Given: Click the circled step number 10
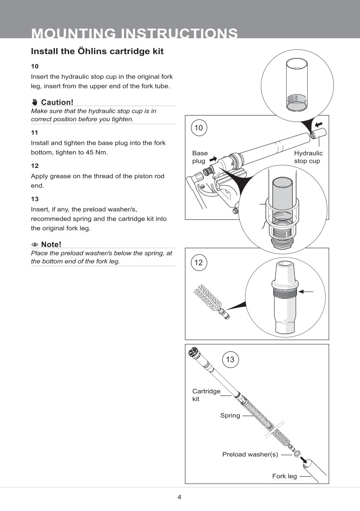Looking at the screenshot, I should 198,128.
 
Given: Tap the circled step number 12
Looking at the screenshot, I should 198,262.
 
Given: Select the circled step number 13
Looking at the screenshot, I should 230,359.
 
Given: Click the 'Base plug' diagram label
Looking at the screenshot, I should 200,157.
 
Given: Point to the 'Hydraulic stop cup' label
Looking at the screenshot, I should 308,157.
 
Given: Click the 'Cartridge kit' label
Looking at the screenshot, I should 206,395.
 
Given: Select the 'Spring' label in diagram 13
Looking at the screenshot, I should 230,416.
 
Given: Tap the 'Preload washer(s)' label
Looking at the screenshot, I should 250,454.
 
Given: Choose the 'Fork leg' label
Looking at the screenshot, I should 284,476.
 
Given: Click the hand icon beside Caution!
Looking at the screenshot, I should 35,102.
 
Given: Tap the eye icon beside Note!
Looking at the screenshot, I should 35,245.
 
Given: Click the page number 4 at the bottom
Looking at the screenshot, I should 179,497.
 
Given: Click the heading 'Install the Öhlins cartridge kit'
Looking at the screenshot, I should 97,52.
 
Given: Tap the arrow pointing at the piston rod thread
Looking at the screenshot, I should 306,292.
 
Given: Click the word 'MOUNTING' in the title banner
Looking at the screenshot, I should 73,34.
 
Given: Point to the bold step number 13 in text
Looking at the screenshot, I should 35,199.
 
